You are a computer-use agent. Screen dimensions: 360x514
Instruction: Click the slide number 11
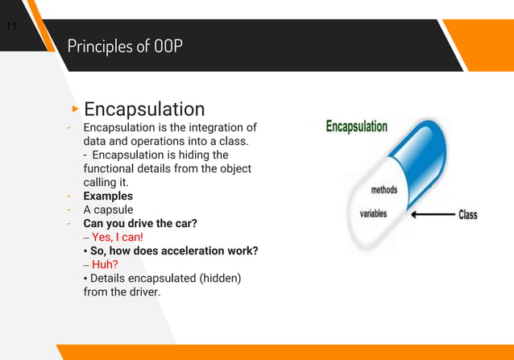pos(11,27)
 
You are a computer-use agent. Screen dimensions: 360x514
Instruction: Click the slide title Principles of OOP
pos(125,46)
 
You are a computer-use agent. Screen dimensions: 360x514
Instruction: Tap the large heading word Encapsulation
pos(144,109)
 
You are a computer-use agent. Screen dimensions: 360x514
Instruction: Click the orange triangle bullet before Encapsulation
pos(75,108)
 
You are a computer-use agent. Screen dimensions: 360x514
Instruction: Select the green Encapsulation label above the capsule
pos(356,126)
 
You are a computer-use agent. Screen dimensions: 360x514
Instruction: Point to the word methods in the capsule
pos(383,190)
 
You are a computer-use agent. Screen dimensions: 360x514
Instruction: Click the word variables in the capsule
pos(373,213)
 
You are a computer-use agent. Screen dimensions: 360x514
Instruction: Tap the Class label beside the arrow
pos(467,215)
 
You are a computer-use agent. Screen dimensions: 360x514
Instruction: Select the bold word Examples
pos(108,196)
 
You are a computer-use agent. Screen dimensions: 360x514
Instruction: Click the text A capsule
pos(109,209)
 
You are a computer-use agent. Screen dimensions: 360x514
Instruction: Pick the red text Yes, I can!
pos(118,237)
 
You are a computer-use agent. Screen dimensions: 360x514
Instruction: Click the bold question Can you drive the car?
pos(140,223)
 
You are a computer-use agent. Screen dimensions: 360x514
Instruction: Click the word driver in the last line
pos(143,292)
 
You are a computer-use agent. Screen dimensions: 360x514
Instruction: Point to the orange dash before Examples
pos(70,196)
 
